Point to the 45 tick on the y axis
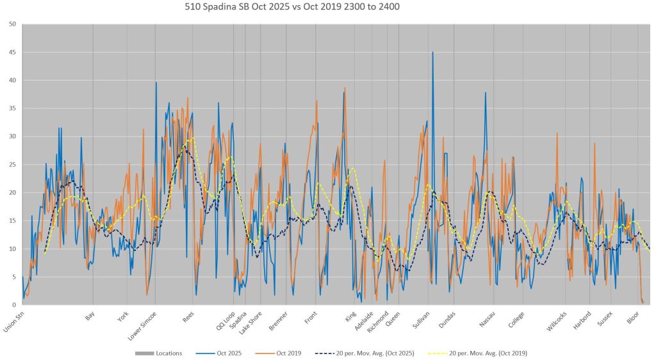coord(12,53)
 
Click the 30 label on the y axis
coord(12,136)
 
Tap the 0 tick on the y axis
coord(14,305)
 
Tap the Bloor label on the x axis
coord(633,317)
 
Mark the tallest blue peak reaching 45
coord(432,53)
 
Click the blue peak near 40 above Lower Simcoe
coord(156,83)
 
